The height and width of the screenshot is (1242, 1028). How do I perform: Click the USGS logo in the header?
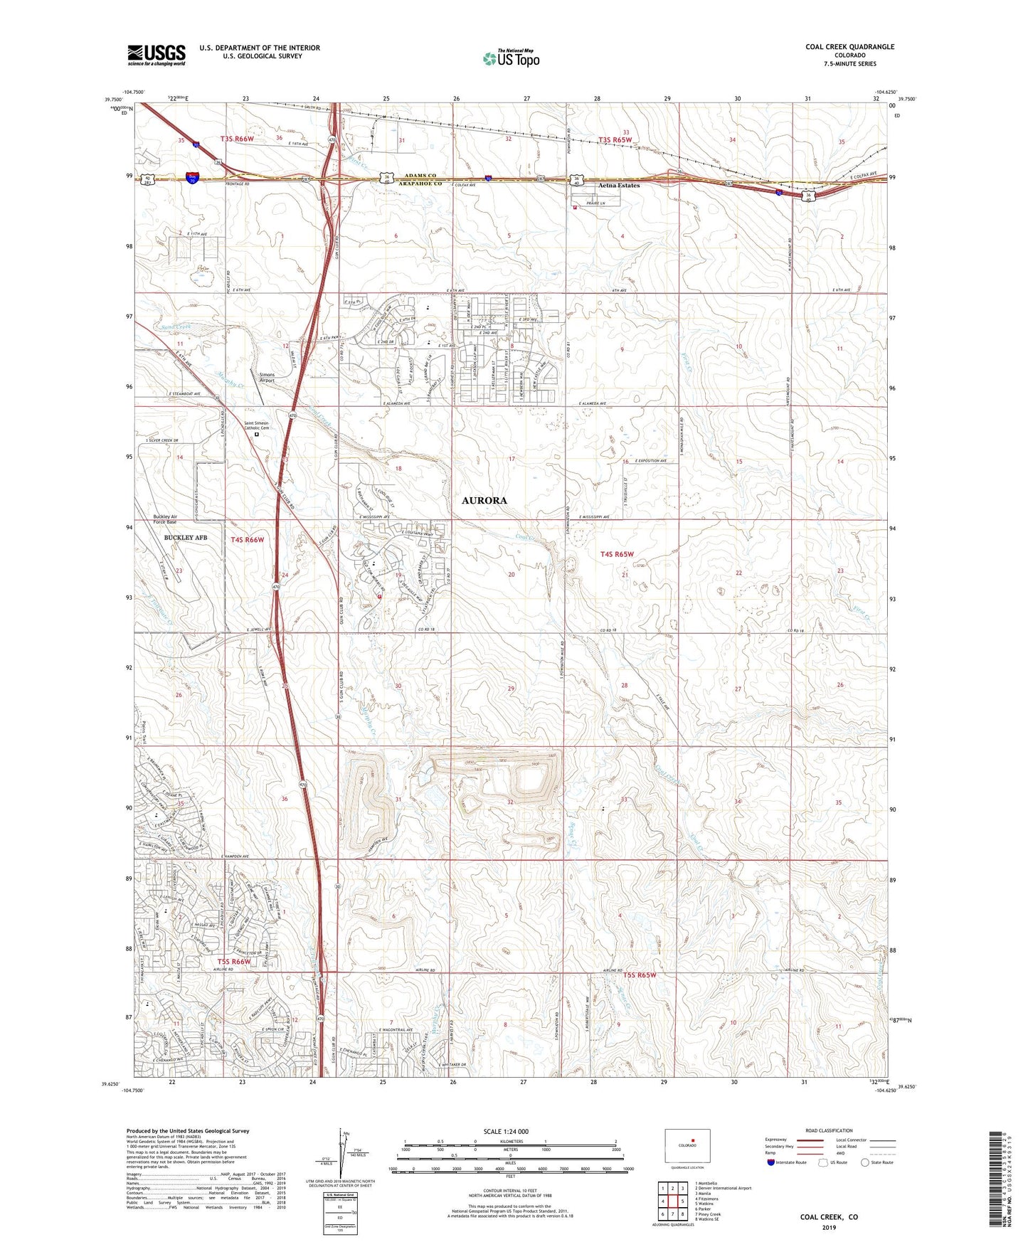157,55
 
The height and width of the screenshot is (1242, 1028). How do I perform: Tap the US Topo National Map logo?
510,58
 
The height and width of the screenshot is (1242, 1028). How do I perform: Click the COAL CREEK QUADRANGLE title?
849,47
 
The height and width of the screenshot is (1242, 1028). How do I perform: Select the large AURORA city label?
484,500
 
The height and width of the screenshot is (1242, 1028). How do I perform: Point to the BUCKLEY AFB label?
185,538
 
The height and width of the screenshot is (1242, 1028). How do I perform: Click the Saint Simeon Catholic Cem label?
257,425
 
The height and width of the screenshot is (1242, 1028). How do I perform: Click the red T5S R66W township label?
234,962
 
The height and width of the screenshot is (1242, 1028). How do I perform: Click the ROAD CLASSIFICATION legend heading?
830,1130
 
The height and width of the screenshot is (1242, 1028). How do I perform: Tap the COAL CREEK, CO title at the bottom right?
829,1216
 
